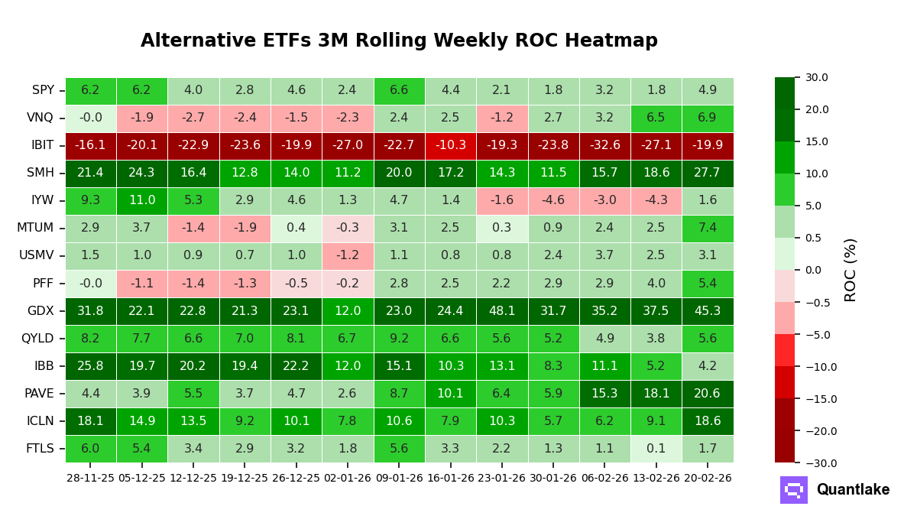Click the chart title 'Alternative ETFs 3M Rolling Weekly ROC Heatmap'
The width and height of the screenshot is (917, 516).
click(x=399, y=41)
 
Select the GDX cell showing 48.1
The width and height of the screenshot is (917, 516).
click(x=501, y=311)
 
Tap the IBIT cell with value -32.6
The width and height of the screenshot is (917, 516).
click(x=604, y=146)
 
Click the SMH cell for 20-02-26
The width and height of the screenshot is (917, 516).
click(x=707, y=174)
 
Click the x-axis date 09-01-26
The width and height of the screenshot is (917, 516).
click(x=399, y=478)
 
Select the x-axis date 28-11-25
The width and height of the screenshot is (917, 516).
click(x=90, y=478)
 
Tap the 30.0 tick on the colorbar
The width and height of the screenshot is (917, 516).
click(x=816, y=77)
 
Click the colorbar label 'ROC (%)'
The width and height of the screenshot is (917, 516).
click(x=851, y=270)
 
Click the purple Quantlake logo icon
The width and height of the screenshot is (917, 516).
click(x=793, y=490)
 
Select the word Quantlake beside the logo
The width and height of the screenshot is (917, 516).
click(x=853, y=490)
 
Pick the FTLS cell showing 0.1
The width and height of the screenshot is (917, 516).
click(x=656, y=449)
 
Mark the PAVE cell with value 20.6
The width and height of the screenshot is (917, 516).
click(x=707, y=394)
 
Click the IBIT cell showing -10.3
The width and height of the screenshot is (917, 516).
click(x=450, y=146)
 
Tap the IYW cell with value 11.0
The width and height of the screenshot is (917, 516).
click(x=142, y=201)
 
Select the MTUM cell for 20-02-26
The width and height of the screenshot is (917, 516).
click(x=707, y=229)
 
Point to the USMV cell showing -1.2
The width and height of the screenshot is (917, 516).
click(x=347, y=256)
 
